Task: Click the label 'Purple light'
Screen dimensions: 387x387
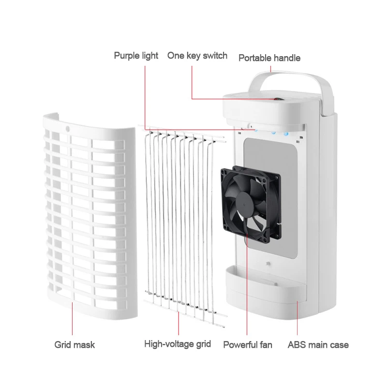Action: click(x=136, y=56)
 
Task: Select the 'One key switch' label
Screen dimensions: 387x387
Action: click(x=197, y=56)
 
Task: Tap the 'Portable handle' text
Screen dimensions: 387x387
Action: click(x=269, y=58)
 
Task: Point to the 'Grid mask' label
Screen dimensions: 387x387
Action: click(x=74, y=345)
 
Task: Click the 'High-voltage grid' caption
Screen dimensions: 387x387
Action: click(x=178, y=344)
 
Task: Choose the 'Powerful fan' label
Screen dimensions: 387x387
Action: click(x=248, y=345)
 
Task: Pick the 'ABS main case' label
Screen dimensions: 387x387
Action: click(x=318, y=345)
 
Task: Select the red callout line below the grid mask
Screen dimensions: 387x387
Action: click(x=73, y=319)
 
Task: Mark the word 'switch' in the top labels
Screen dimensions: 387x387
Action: click(x=215, y=56)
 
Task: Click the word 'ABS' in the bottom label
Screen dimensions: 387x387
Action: click(x=297, y=345)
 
